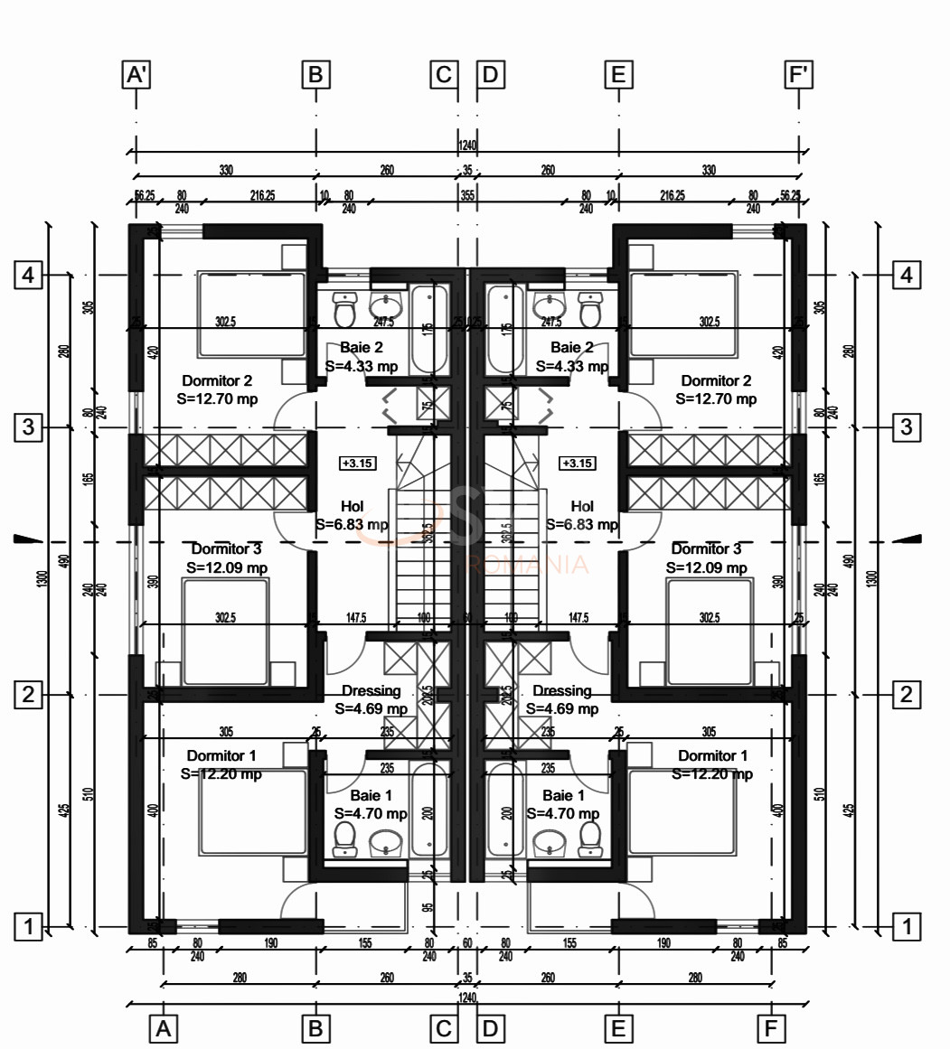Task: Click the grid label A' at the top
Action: click(136, 74)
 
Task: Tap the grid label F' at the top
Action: click(799, 74)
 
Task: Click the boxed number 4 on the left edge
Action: click(29, 275)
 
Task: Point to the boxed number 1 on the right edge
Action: click(907, 925)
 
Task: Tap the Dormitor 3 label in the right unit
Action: click(706, 548)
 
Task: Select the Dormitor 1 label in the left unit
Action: click(221, 755)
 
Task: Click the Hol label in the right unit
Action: click(583, 506)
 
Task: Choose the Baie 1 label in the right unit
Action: click(563, 796)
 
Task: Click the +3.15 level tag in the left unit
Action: click(358, 464)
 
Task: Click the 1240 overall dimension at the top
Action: click(466, 145)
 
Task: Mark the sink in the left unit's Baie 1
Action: click(386, 843)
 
